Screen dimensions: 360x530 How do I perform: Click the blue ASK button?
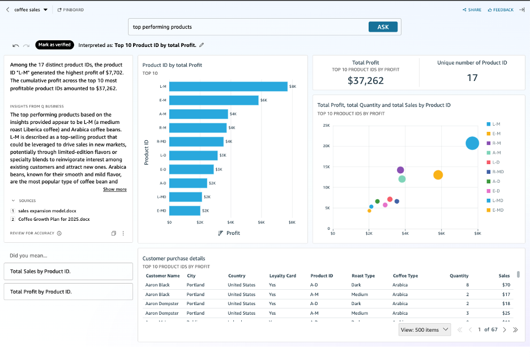[x=383, y=27]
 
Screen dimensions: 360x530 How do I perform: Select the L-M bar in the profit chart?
[x=228, y=87]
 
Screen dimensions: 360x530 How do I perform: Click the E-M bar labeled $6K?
[x=214, y=100]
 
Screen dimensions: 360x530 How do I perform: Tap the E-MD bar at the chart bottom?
[x=185, y=211]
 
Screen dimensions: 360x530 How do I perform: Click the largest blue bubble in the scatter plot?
[x=472, y=143]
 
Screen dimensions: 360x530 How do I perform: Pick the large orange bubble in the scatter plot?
[x=438, y=175]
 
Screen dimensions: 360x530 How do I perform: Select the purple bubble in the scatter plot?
[x=400, y=170]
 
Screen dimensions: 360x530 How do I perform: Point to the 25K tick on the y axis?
[x=326, y=125]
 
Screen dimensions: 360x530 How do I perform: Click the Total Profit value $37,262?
[x=365, y=80]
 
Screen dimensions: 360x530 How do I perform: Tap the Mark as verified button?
[x=54, y=45]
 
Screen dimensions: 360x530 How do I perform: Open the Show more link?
[x=114, y=190]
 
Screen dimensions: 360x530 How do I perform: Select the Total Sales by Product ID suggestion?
[x=68, y=271]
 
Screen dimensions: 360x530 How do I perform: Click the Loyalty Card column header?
[x=282, y=276]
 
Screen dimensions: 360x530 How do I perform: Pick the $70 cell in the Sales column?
[x=506, y=285]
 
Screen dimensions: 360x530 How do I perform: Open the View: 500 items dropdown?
[x=424, y=329]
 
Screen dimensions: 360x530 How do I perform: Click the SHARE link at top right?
[x=472, y=10]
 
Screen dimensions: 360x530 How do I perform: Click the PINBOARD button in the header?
[x=71, y=10]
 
